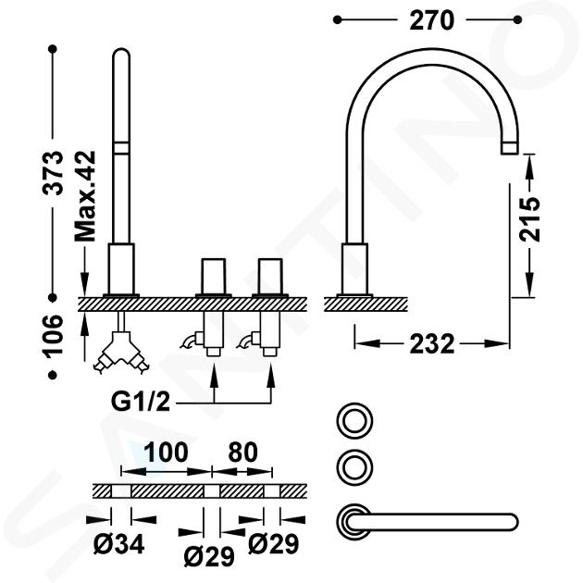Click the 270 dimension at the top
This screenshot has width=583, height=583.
[431, 20]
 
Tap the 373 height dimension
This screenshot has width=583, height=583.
[53, 172]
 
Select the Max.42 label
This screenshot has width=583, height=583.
[85, 196]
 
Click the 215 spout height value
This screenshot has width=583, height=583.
[529, 219]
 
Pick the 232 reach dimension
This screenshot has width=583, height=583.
[432, 344]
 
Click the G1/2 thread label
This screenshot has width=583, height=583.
[141, 402]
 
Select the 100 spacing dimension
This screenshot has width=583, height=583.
[166, 453]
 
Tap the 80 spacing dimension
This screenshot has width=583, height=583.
[242, 453]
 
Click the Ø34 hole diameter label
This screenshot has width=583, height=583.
[118, 545]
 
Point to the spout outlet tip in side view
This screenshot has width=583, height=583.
[509, 148]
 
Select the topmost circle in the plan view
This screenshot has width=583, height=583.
[354, 421]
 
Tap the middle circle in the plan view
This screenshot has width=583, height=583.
[354, 466]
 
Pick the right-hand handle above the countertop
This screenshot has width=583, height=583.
[270, 276]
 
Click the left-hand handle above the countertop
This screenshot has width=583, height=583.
[214, 276]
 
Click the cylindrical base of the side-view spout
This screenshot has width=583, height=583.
[354, 270]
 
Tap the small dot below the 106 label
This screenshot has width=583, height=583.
[53, 375]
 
